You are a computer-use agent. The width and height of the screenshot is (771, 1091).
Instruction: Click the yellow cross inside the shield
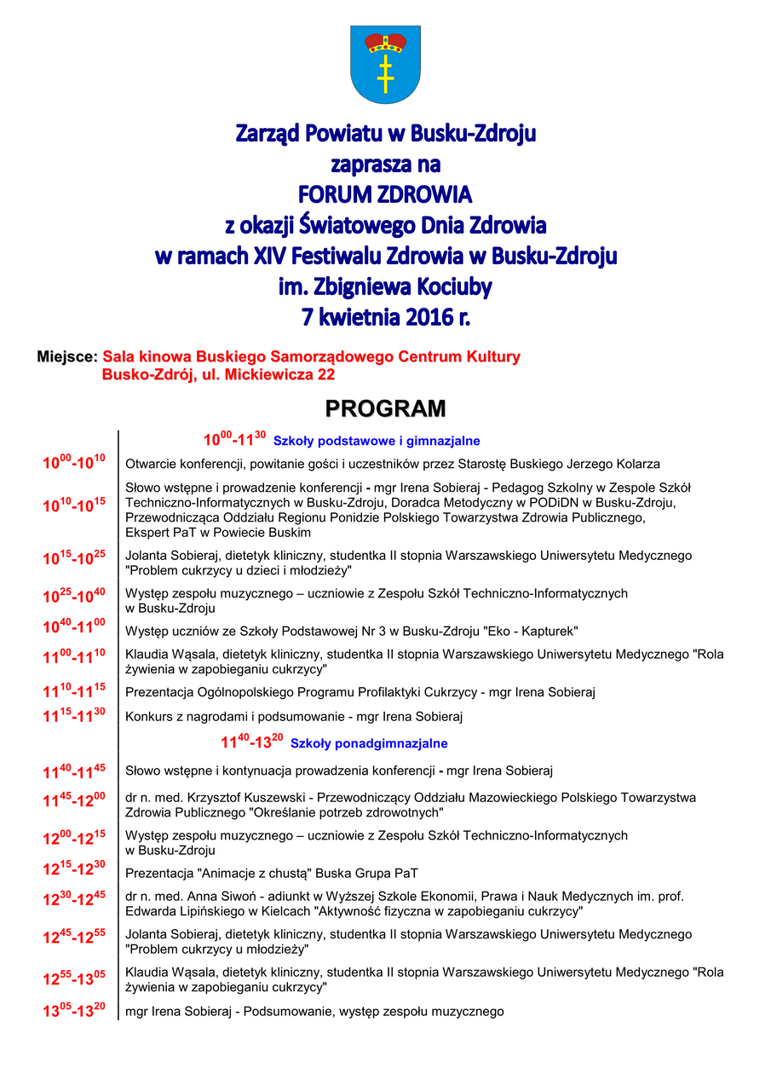[385, 73]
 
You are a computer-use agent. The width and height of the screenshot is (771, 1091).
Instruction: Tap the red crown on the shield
[385, 41]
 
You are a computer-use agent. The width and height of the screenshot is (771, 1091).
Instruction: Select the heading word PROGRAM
[385, 409]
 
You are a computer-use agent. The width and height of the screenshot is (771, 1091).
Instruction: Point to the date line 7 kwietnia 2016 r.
[385, 317]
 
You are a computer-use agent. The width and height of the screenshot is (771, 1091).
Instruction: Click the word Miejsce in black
[66, 357]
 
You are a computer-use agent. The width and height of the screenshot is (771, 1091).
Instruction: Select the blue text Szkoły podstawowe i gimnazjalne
[377, 441]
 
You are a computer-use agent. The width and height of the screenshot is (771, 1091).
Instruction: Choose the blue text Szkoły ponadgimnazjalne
[369, 743]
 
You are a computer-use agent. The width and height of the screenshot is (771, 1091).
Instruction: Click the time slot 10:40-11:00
[74, 627]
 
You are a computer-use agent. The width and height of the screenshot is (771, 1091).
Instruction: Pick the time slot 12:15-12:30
[74, 869]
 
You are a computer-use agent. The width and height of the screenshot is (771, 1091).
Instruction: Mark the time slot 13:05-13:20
[74, 1012]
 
